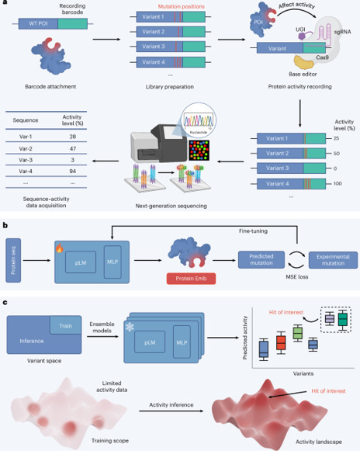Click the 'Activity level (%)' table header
coord(74,118)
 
